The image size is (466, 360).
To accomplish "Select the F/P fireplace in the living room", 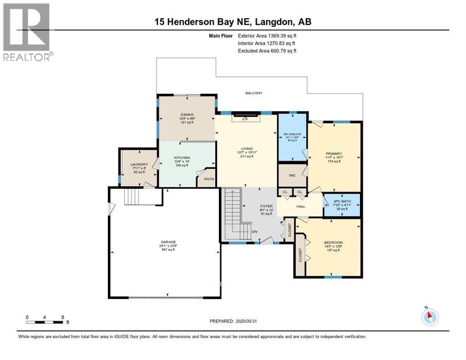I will pyautogui.click(x=244, y=119).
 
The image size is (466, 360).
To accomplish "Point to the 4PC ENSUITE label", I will pyautogui.click(x=292, y=134).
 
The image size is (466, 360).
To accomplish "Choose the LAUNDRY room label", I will pyautogui.click(x=139, y=165).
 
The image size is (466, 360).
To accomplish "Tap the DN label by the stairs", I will pyautogui.click(x=254, y=231).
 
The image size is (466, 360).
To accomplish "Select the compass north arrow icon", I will pyautogui.click(x=429, y=317).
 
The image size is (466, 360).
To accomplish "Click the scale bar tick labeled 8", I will pyautogui.click(x=62, y=317).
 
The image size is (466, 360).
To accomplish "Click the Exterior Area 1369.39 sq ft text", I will pyautogui.click(x=267, y=35).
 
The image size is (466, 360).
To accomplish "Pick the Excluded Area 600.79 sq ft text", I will pyautogui.click(x=267, y=51).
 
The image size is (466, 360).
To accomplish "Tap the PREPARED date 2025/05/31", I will pyautogui.click(x=234, y=321).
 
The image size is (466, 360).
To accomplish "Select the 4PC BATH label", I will pyautogui.click(x=342, y=201).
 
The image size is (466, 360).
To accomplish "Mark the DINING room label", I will pyautogui.click(x=188, y=115).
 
